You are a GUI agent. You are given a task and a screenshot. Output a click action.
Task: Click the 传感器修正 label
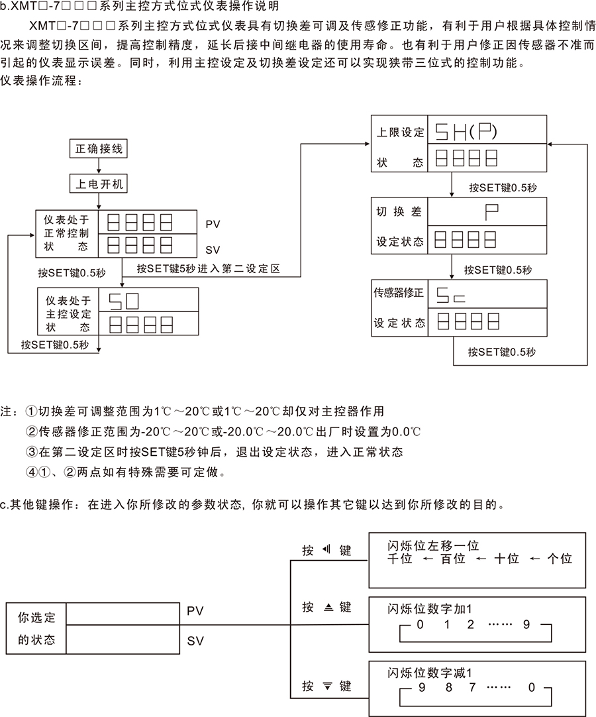point(399,292)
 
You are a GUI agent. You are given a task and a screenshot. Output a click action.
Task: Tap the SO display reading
point(123,302)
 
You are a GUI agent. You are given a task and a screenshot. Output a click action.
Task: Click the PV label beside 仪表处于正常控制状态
point(213,225)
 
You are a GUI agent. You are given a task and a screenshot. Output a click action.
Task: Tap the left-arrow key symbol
point(325,551)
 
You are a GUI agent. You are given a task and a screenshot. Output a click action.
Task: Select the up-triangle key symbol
point(326,607)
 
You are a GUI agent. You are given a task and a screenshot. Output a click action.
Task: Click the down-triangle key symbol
point(326,686)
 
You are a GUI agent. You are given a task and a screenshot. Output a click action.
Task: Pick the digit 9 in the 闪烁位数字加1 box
point(526,625)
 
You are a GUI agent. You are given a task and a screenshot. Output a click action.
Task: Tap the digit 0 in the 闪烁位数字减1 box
point(530,688)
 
